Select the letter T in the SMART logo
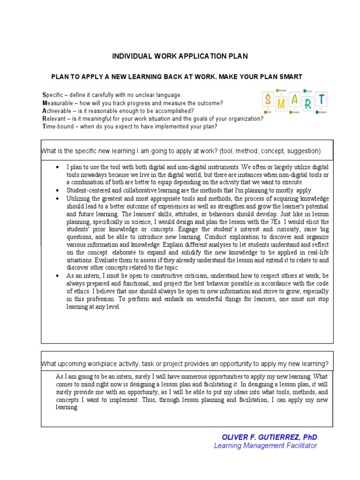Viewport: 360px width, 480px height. tap(322, 100)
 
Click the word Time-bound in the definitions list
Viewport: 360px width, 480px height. tap(59, 127)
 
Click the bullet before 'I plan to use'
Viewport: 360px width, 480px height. tap(57, 167)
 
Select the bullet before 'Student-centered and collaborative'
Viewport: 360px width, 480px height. tap(57, 191)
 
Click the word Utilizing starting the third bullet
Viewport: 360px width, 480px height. tap(78, 198)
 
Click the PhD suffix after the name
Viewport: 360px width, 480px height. tap(310, 437)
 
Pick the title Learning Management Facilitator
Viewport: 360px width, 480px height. tap(265, 446)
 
